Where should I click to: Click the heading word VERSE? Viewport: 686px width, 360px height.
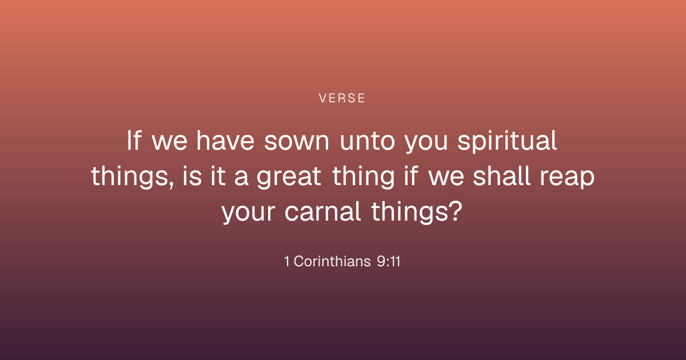342,98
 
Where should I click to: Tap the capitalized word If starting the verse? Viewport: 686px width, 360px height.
134,140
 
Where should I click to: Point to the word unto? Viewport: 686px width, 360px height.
368,141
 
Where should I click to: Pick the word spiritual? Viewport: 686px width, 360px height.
507,142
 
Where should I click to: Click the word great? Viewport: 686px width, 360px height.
289,177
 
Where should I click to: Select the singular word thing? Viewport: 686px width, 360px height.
363,177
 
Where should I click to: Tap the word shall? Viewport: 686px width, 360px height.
502,176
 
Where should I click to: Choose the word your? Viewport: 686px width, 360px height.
248,213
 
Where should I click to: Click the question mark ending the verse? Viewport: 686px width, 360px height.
456,211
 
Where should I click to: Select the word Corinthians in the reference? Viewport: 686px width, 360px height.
332,262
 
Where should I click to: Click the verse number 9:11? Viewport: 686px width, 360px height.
388,262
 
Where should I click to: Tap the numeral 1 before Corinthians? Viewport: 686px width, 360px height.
286,262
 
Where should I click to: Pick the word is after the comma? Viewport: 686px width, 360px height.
192,176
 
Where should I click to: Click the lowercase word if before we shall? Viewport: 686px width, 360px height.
411,176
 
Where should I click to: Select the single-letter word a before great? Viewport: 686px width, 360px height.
241,179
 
